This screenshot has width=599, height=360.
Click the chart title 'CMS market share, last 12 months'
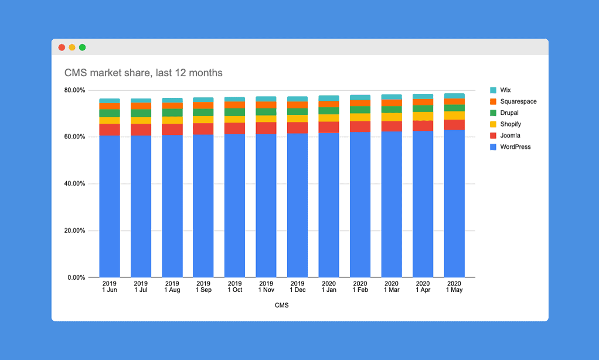143,73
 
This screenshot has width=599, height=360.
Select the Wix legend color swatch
493,90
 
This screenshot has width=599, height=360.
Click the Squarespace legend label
518,101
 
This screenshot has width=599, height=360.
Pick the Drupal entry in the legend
509,113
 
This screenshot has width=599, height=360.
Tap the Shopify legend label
510,124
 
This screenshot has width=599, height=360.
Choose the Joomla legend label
510,135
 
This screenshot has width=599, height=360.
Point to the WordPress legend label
515,147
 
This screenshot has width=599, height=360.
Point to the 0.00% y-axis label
76,277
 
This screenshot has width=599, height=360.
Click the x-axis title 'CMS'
281,305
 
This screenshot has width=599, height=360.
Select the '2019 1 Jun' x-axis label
109,287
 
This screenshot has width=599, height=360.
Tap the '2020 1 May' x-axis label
454,287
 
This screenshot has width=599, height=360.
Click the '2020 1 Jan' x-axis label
329,287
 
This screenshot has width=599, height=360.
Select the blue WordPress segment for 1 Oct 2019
234,205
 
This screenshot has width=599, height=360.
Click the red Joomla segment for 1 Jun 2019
109,130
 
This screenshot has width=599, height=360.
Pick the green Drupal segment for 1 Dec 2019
297,111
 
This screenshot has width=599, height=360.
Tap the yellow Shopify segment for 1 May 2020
454,116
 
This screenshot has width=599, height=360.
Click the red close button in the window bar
62,47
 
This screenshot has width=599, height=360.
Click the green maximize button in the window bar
83,47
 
